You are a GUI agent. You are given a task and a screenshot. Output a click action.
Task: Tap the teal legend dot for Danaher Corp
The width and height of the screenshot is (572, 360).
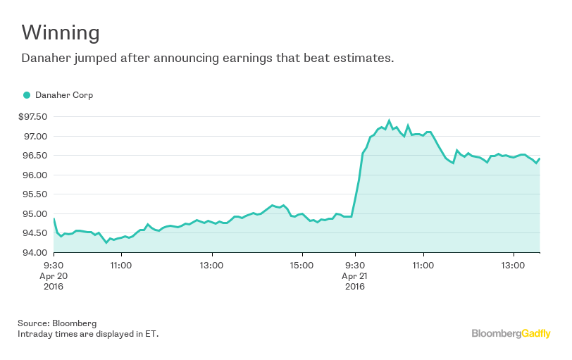pos(27,95)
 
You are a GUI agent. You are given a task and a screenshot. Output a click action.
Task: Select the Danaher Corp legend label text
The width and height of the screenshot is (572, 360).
pos(64,95)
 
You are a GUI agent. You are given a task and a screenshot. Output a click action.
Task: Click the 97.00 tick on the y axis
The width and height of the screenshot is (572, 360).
pos(35,136)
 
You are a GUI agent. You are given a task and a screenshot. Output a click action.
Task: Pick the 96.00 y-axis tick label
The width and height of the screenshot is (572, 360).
pos(35,175)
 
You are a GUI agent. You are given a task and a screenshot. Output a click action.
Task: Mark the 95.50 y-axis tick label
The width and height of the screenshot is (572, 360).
pos(35,194)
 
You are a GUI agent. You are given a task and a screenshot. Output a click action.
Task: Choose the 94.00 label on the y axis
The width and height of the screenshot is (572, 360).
pos(35,253)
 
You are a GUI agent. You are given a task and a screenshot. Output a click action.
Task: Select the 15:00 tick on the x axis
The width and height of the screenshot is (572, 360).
pos(302,266)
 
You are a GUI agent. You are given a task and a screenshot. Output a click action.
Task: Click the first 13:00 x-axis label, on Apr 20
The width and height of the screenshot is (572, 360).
pos(211,266)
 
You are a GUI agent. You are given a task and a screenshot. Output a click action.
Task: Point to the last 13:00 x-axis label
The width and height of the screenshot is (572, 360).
pos(514,266)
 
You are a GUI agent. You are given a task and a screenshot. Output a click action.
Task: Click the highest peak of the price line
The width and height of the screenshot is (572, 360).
pos(389,120)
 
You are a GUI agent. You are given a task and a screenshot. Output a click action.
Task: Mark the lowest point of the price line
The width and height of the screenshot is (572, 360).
pos(106,242)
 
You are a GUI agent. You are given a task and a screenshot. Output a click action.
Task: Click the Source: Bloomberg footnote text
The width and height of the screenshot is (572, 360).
pos(57,323)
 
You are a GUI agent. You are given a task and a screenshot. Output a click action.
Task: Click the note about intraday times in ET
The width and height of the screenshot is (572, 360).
pos(88,333)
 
